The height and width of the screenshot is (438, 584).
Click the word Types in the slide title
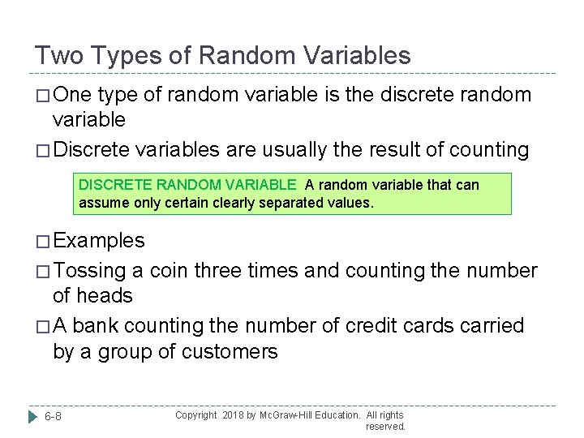click(122, 55)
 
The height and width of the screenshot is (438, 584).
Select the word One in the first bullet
click(73, 95)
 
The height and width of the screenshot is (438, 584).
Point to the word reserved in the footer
click(385, 427)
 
